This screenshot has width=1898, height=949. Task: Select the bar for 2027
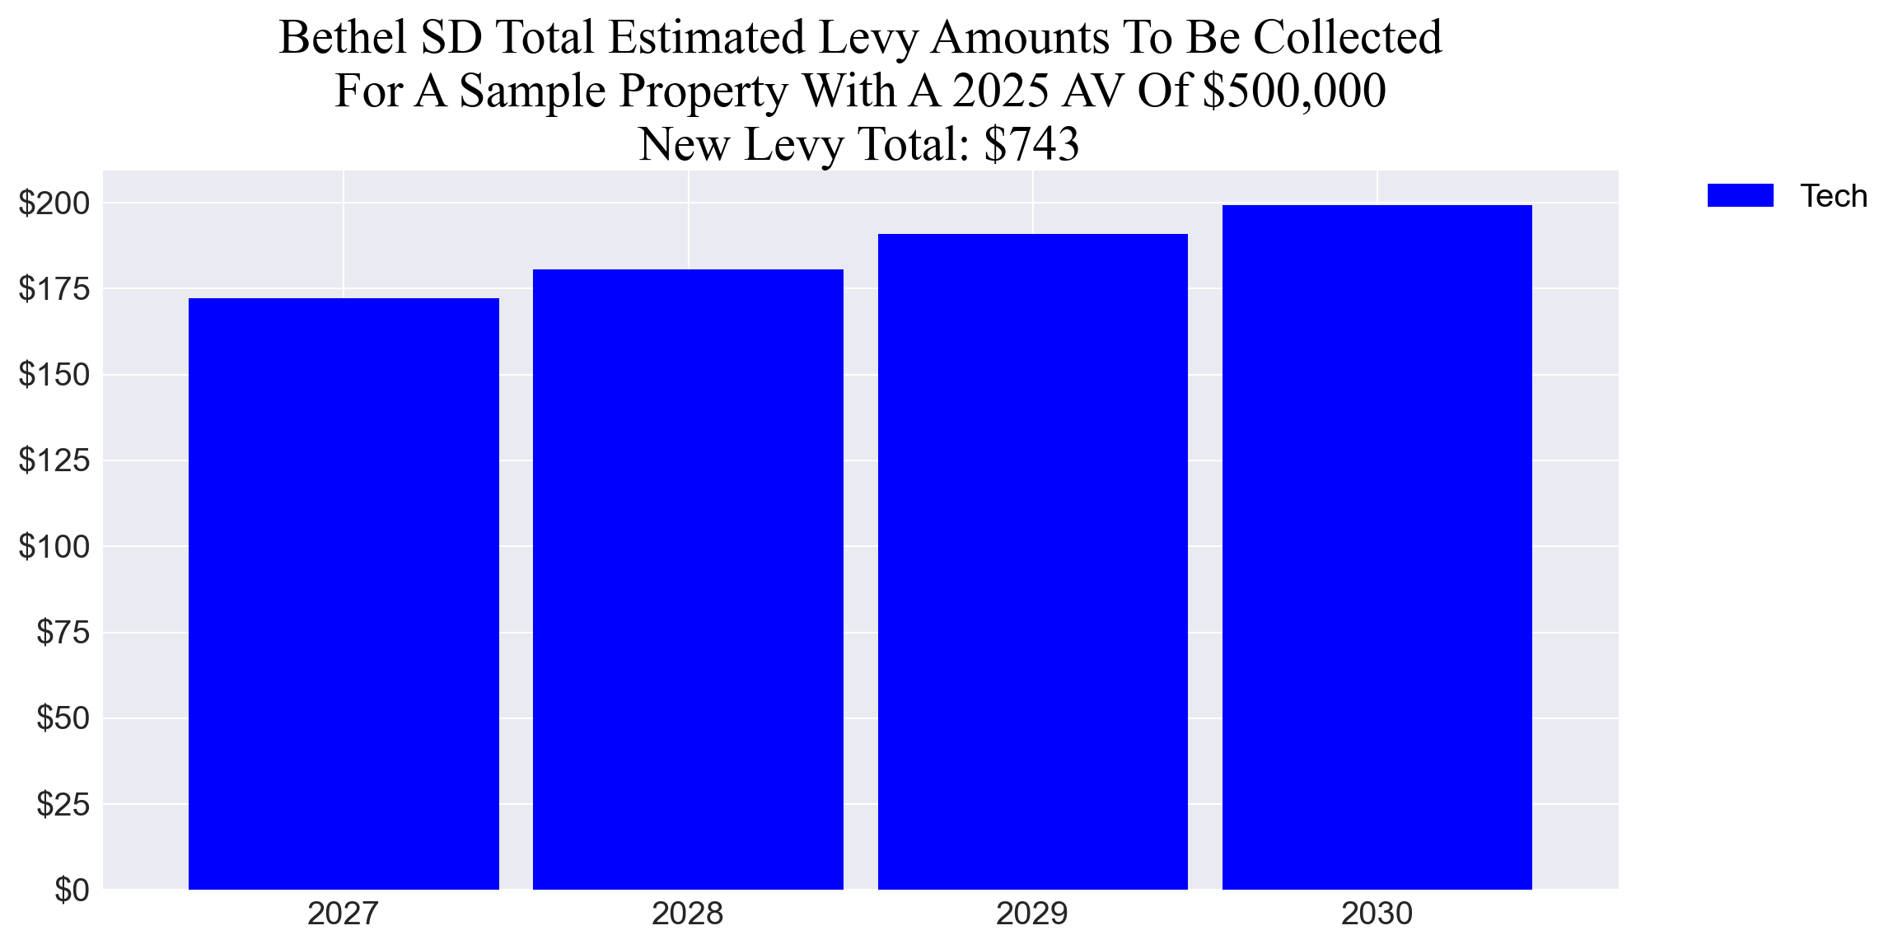(x=344, y=593)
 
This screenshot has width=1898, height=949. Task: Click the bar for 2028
(x=688, y=579)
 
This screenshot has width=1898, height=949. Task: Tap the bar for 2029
(x=1032, y=561)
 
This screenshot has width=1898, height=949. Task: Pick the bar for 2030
(x=1377, y=547)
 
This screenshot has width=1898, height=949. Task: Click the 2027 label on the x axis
(x=344, y=914)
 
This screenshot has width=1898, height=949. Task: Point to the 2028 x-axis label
(x=688, y=914)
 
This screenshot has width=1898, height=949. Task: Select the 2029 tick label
(x=1032, y=914)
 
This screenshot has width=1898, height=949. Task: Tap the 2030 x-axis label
(x=1377, y=914)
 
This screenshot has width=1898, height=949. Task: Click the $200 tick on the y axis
(x=54, y=203)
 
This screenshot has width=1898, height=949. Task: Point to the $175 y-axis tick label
(x=54, y=289)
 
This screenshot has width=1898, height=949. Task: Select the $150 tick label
(x=54, y=375)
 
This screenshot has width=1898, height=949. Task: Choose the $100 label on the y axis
(x=54, y=547)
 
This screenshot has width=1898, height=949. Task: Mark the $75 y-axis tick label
(x=63, y=633)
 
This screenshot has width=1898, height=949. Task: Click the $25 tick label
(x=63, y=804)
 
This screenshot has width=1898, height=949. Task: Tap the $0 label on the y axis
(x=72, y=891)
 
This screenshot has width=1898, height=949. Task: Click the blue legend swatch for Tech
(x=1740, y=196)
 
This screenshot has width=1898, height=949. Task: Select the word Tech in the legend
(x=1833, y=196)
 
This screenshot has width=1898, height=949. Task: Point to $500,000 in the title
(x=1294, y=91)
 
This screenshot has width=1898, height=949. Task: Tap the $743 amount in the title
(x=1031, y=144)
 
